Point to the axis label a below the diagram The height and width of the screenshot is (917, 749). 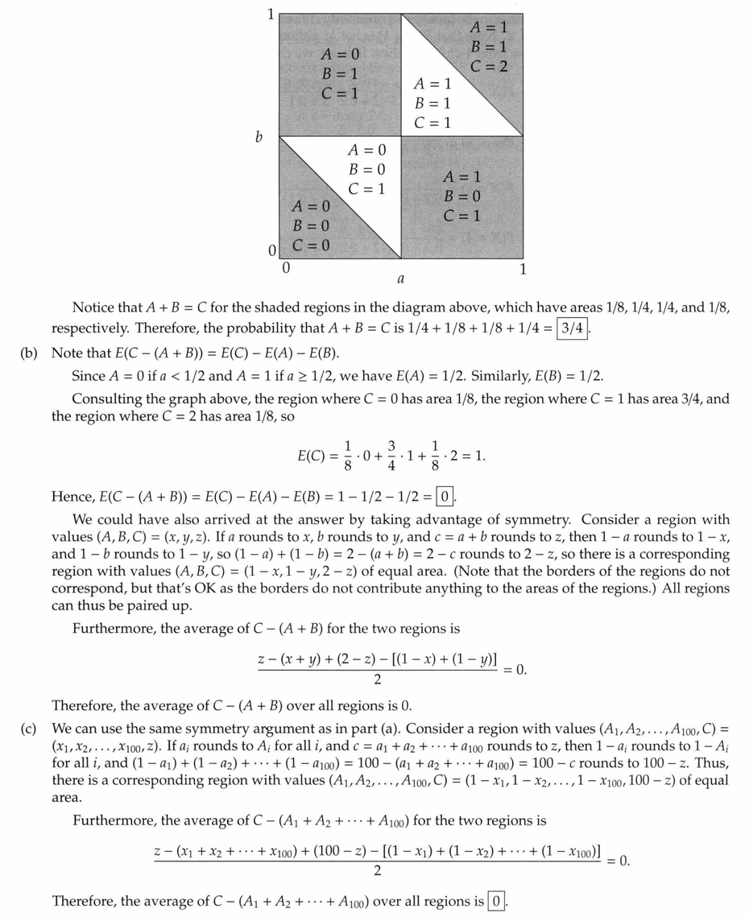click(x=400, y=279)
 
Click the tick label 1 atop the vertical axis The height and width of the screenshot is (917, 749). click(x=271, y=14)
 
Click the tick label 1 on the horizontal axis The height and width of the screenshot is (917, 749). click(x=522, y=269)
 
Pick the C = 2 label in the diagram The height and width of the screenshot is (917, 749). click(x=489, y=66)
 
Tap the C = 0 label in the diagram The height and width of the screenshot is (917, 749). click(x=311, y=245)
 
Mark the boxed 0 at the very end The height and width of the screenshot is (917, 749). click(x=497, y=900)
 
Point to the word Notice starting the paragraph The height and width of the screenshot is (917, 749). click(x=93, y=307)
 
